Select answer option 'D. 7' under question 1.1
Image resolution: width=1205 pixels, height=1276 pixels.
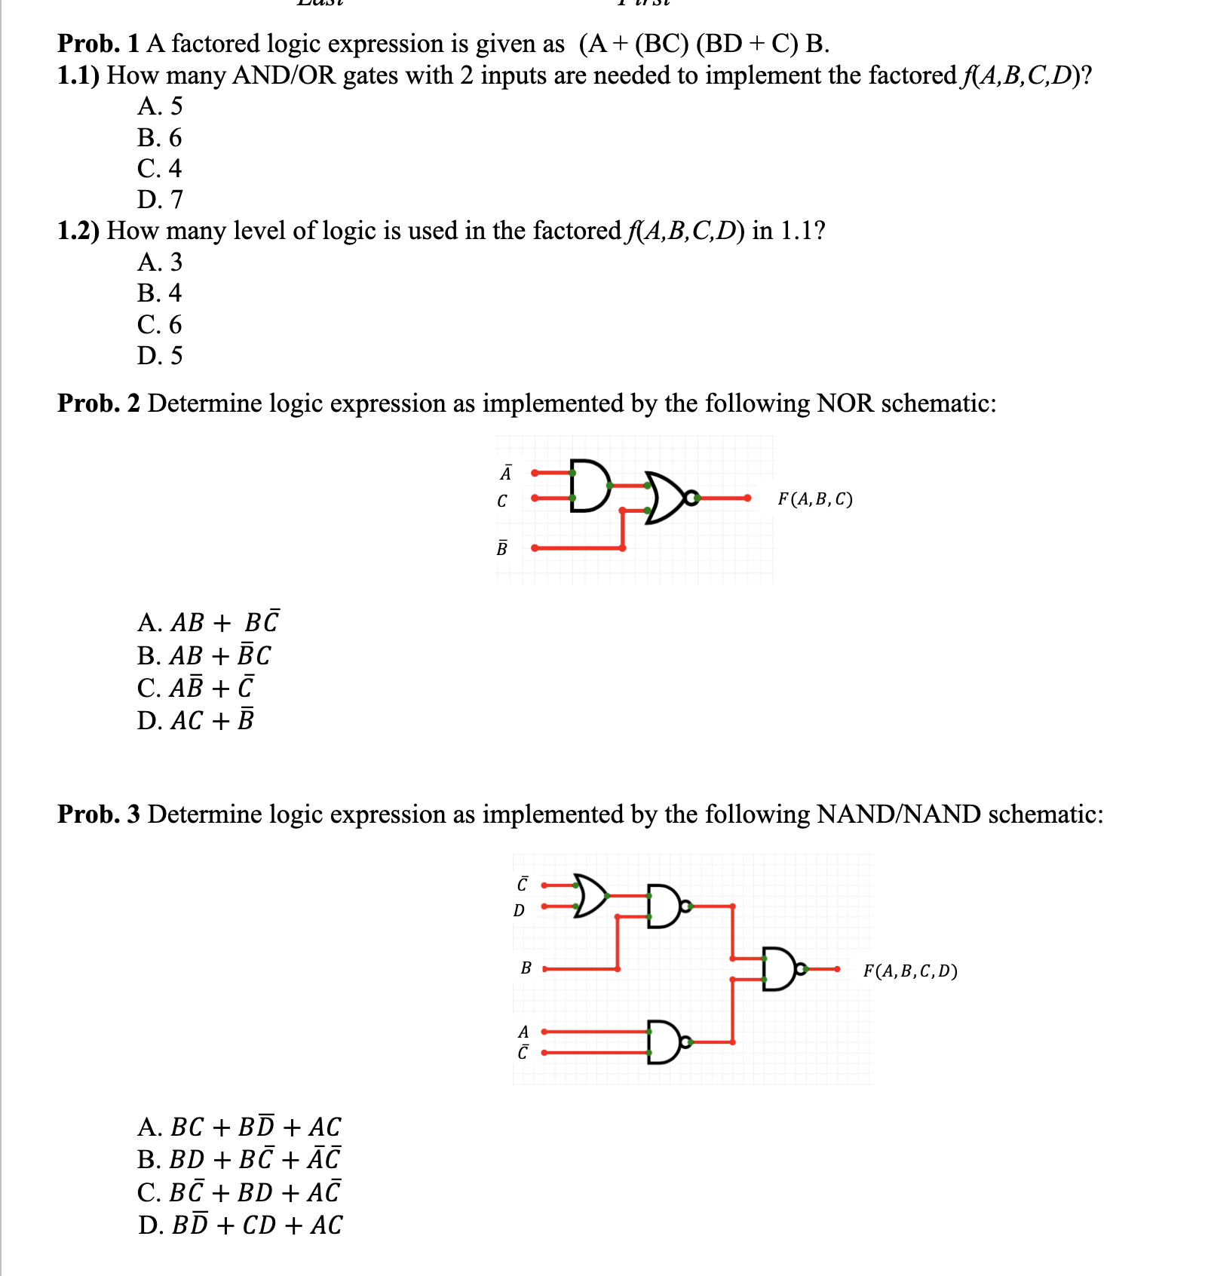pos(160,199)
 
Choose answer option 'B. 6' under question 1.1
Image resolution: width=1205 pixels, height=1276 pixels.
pos(160,137)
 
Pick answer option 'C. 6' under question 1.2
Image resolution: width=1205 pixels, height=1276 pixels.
pos(160,324)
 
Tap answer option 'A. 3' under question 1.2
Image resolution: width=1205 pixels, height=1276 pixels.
pos(160,262)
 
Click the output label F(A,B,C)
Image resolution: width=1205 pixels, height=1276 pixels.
pos(815,498)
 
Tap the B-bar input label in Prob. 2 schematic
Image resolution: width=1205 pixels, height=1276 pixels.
pos(502,548)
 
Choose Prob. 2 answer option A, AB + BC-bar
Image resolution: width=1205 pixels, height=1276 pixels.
pos(208,622)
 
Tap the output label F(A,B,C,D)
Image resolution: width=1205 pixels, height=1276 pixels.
pos(910,971)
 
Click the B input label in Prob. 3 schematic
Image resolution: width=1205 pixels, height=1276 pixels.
pos(526,968)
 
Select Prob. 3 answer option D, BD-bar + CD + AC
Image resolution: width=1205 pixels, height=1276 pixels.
pos(240,1225)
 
